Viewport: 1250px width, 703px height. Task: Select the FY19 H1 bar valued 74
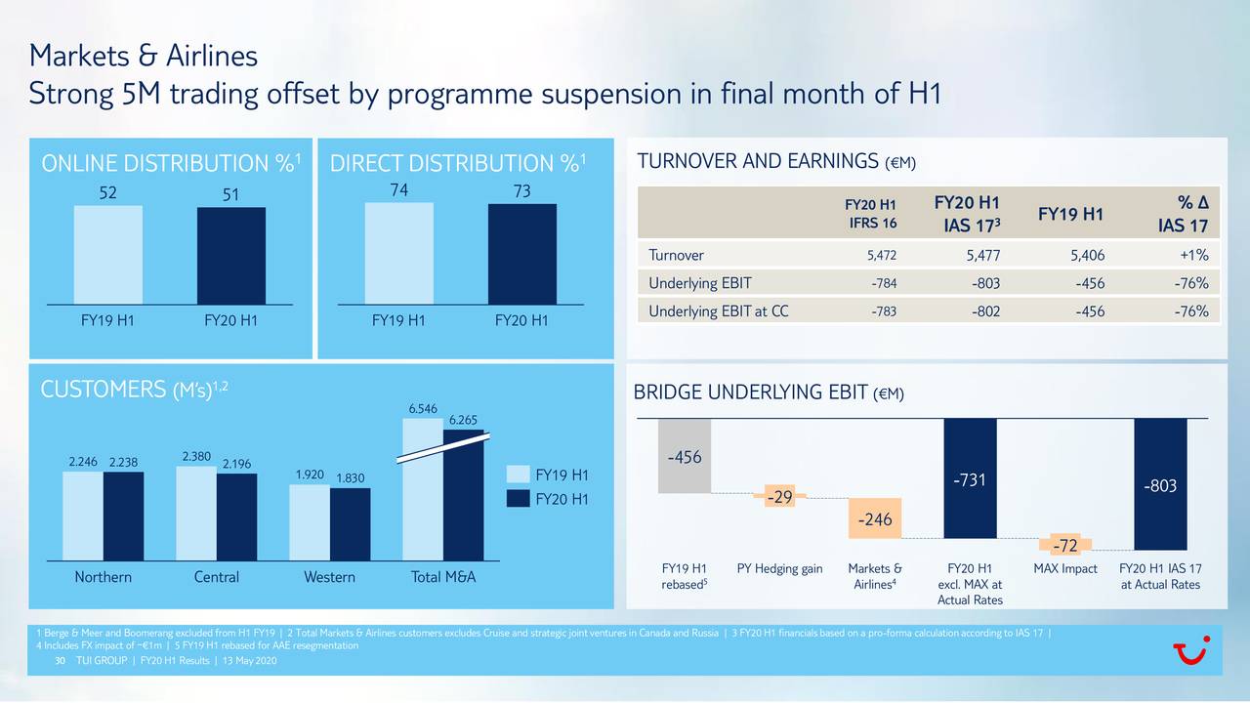tap(398, 253)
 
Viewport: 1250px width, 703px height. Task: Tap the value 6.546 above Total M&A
tap(422, 408)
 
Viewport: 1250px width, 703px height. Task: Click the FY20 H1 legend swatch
tap(518, 500)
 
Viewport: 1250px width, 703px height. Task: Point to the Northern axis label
tap(103, 577)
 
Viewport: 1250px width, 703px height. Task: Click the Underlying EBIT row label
tap(699, 284)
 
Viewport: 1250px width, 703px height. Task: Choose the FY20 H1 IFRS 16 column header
tap(870, 215)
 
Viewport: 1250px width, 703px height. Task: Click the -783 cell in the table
tap(883, 312)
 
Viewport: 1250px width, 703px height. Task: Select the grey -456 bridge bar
tap(685, 455)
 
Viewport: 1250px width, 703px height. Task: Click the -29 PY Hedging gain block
tap(779, 499)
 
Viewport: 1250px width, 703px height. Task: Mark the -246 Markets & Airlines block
tap(875, 519)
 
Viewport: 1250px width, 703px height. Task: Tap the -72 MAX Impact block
tap(1065, 544)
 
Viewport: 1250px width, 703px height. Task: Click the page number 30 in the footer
tap(60, 662)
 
